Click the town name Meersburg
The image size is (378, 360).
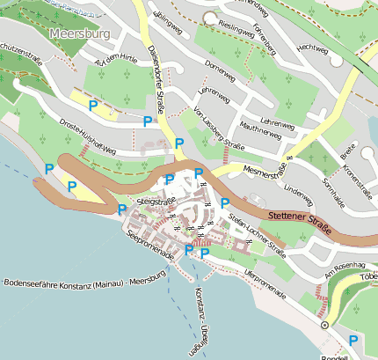point(80,35)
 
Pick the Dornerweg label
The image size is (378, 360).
point(221,66)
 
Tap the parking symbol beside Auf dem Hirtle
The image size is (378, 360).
point(93,105)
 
